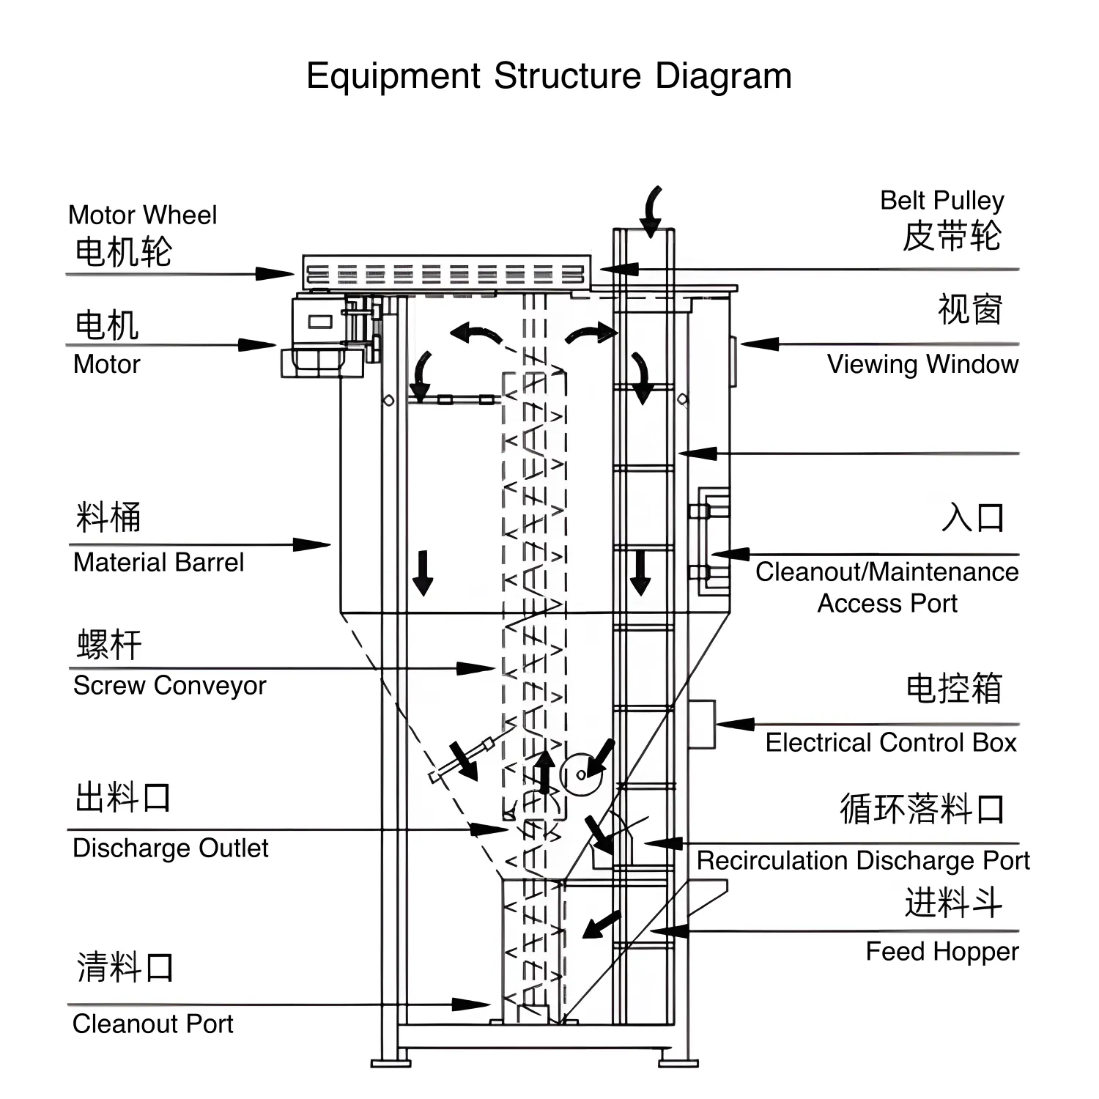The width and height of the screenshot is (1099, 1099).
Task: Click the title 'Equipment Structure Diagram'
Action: click(549, 75)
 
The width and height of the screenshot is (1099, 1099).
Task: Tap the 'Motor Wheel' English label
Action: click(142, 215)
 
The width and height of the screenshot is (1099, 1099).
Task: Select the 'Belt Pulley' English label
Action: click(941, 200)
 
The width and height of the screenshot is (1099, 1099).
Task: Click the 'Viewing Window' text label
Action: click(922, 364)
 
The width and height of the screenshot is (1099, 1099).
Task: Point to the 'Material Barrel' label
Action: click(158, 562)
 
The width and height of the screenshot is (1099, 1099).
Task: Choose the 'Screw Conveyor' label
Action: click(169, 685)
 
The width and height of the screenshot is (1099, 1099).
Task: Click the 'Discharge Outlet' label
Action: click(170, 848)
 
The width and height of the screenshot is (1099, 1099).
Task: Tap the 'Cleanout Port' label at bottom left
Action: click(152, 1024)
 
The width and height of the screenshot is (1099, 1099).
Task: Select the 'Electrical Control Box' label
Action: click(891, 742)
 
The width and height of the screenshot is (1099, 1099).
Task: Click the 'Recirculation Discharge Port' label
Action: click(862, 860)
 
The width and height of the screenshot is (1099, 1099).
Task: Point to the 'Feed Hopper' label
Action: click(941, 951)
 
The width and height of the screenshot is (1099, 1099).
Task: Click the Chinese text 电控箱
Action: click(953, 689)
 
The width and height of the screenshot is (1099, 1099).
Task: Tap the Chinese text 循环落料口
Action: click(922, 809)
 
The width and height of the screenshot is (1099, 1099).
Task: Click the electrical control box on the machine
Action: click(701, 724)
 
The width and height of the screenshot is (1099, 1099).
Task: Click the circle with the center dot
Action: click(580, 774)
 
